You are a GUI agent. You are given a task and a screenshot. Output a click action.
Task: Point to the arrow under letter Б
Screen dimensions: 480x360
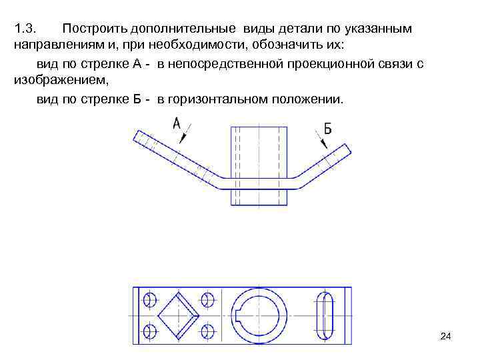coord(323,143)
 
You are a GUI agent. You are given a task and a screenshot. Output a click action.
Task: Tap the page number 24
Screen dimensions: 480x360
coord(446,336)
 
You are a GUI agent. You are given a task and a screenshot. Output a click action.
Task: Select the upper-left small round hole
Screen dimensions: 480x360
coord(150,299)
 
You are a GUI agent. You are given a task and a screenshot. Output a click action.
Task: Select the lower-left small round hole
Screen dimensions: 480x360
coord(150,330)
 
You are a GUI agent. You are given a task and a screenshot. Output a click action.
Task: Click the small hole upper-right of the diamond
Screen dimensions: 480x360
coord(207,299)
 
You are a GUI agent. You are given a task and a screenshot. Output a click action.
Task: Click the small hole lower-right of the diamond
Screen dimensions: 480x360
coord(207,330)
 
